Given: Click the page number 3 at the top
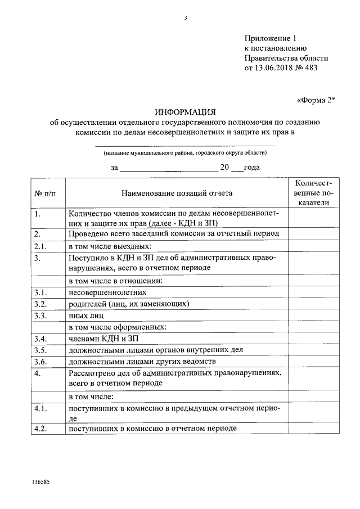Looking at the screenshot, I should (x=185, y=18).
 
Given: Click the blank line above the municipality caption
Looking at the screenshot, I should (x=185, y=146).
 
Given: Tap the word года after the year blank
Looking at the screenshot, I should (x=251, y=167).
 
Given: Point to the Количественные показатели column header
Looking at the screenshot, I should (x=313, y=193).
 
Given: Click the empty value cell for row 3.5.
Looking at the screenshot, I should (x=313, y=350).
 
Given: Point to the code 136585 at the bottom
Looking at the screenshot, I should (x=41, y=483).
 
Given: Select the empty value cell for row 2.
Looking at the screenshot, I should (x=313, y=234).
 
